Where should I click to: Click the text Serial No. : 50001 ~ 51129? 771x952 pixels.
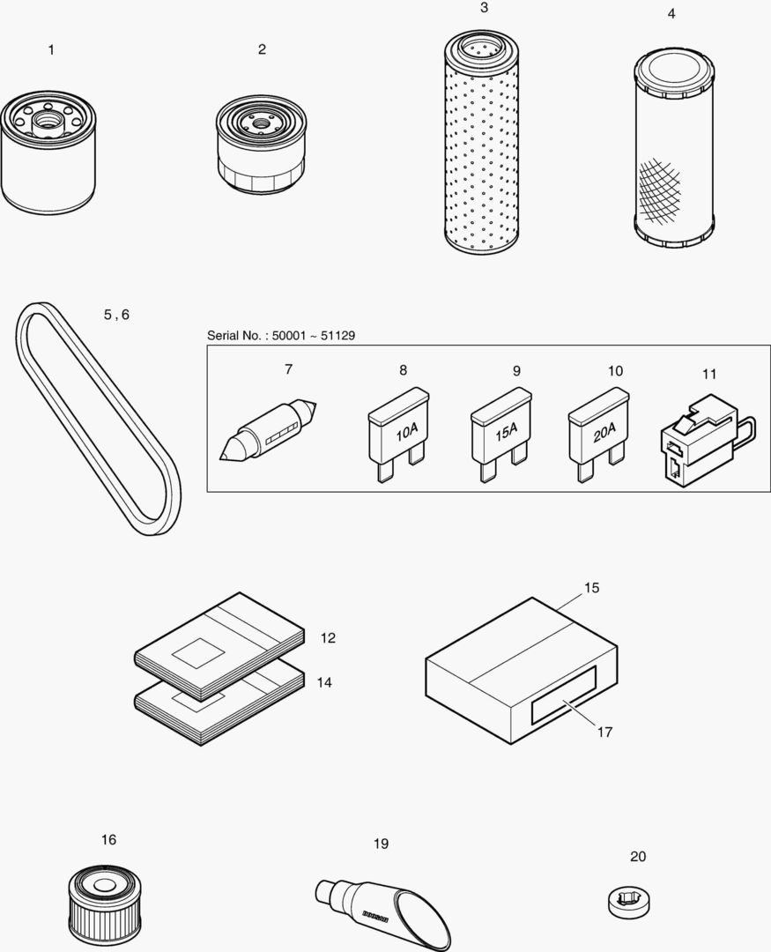[281, 336]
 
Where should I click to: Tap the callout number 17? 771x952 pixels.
[604, 732]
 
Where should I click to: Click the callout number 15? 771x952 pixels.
[591, 587]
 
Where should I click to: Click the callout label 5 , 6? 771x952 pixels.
[115, 315]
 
